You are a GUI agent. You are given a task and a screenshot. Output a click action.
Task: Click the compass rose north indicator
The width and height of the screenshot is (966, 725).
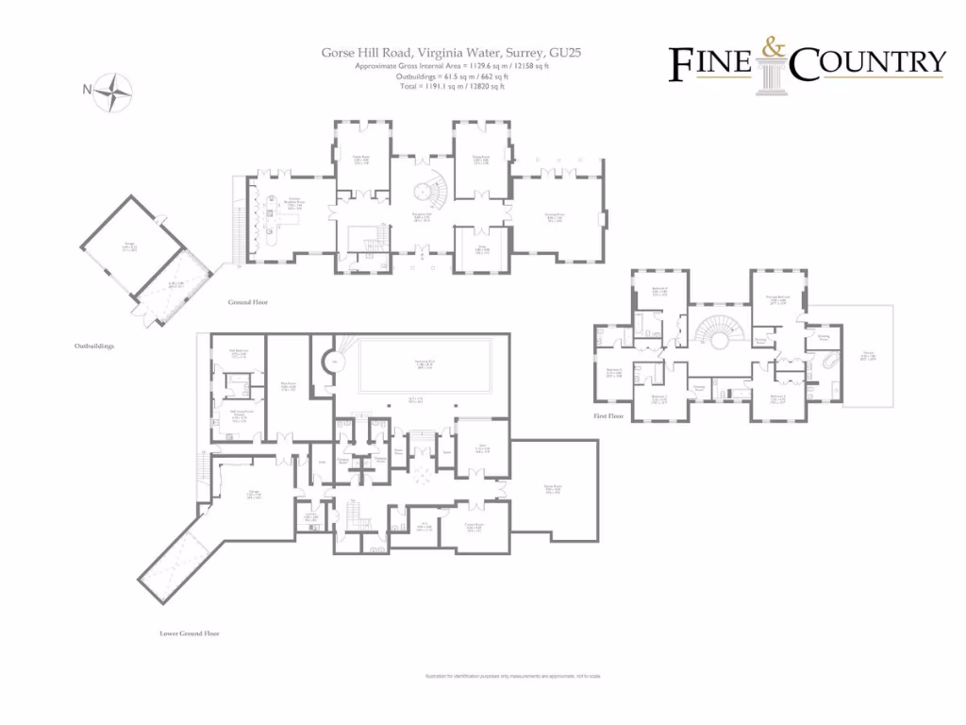[112, 92]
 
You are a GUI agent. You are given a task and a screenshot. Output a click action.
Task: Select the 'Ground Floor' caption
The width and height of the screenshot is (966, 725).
[249, 302]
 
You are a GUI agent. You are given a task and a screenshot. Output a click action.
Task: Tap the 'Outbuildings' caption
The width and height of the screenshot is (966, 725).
[94, 346]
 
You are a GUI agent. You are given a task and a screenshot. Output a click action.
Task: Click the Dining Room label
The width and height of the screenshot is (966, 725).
[480, 160]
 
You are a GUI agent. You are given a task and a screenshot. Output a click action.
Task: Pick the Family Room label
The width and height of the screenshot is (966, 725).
[361, 160]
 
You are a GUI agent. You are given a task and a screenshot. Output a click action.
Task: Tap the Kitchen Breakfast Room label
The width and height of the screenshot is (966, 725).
[275, 201]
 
